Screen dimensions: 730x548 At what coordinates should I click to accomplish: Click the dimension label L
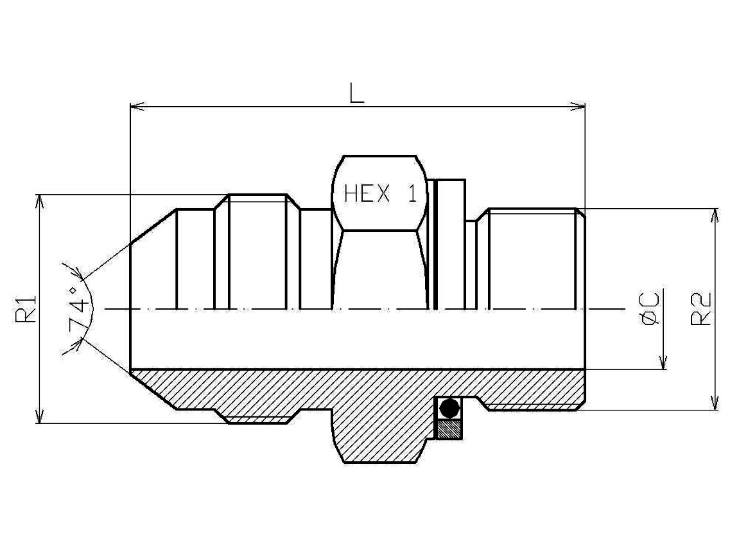356,93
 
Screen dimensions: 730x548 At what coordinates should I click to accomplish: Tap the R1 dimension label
26,308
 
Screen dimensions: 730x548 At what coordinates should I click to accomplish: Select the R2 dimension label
701,308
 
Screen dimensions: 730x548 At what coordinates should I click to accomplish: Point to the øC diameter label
650,308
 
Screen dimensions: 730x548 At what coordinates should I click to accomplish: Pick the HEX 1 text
380,193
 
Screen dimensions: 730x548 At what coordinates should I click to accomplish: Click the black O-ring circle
449,408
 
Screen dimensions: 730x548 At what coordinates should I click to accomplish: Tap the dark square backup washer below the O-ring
449,429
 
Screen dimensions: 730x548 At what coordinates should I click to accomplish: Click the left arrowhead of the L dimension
138,107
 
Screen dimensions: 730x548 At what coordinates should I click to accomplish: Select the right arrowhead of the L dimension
577,107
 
